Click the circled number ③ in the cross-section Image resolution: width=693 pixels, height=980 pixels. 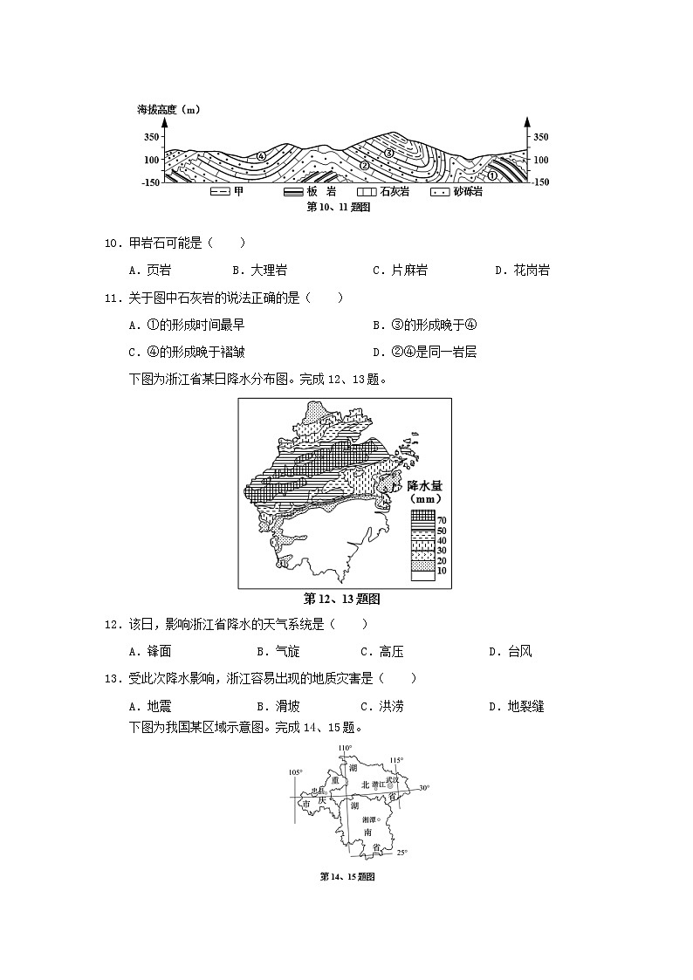[390, 153]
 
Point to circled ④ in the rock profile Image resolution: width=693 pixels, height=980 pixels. [260, 156]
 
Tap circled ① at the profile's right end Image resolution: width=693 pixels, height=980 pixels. [492, 175]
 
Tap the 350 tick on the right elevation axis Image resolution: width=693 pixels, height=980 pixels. [540, 138]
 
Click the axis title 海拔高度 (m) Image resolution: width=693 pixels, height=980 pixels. [168, 110]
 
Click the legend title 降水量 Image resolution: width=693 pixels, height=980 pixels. [426, 485]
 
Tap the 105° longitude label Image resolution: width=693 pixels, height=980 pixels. [296, 772]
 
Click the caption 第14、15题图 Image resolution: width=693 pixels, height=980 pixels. [346, 876]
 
